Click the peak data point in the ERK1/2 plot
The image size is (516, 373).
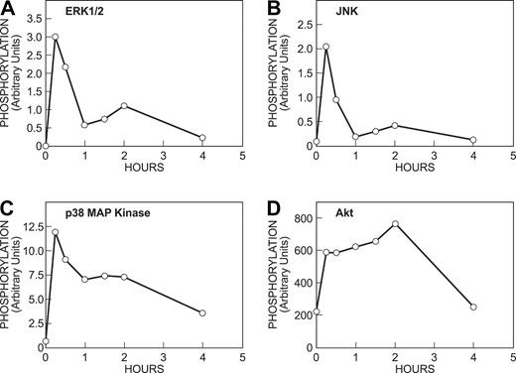point(56,37)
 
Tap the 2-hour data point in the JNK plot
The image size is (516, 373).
point(395,125)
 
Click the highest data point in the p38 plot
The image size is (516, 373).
point(56,232)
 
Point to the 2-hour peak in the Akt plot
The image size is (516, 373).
point(395,224)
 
